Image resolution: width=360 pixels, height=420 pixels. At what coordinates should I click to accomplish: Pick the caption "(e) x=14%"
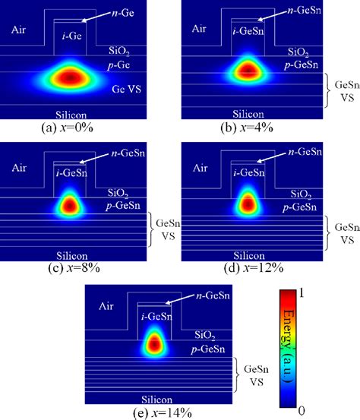point(163,412)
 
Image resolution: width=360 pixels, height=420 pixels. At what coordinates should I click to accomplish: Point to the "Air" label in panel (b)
point(199,29)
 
